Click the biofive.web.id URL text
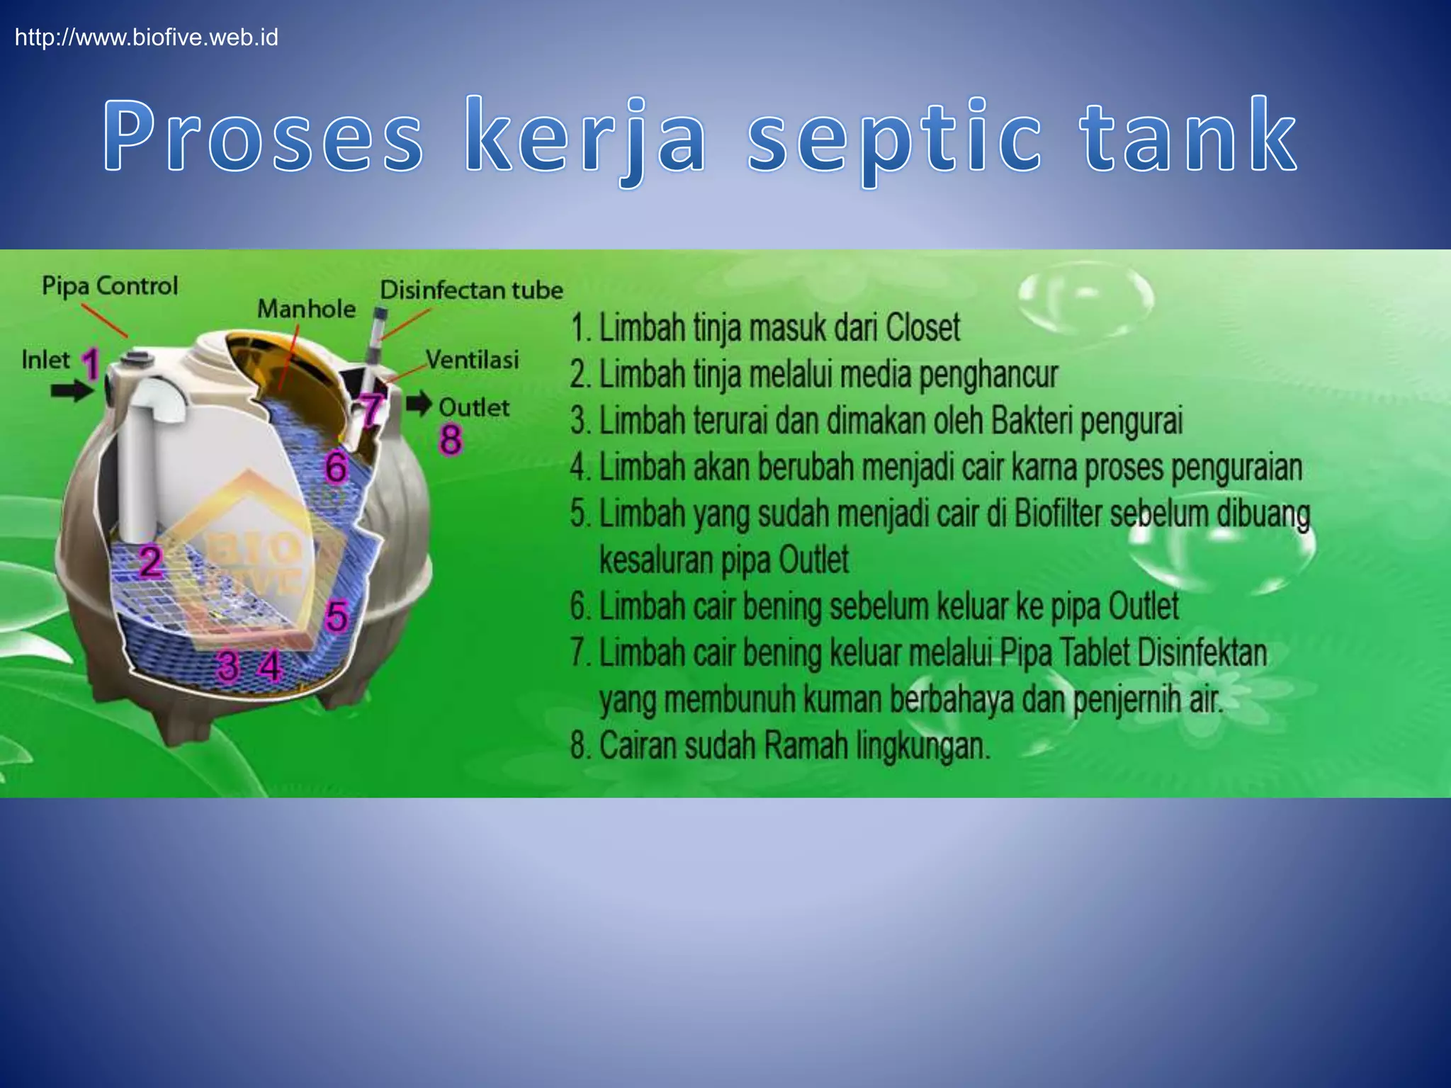point(147,37)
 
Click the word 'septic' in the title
point(894,138)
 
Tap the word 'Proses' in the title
point(264,136)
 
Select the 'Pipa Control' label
point(110,286)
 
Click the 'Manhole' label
point(306,309)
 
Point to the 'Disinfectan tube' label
point(471,290)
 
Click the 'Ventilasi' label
point(473,360)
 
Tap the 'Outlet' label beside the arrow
point(474,407)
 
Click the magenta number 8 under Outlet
point(451,439)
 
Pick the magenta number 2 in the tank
point(150,562)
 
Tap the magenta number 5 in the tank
point(337,616)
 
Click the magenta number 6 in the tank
point(336,468)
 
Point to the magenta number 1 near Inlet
point(90,364)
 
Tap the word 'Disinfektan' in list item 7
point(1202,653)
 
